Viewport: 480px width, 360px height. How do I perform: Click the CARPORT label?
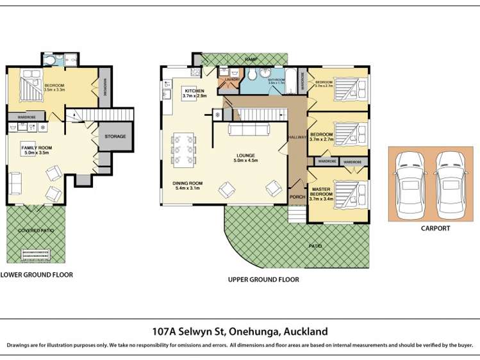[435, 228]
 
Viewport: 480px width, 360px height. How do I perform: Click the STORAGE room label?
[115, 136]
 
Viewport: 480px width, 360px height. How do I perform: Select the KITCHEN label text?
[194, 92]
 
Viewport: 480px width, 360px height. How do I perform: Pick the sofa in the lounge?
[249, 130]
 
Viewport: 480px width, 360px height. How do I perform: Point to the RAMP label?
[252, 59]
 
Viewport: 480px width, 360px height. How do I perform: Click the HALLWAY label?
[297, 138]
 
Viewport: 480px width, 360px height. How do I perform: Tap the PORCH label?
[297, 197]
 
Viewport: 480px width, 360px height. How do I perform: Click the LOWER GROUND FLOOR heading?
[37, 275]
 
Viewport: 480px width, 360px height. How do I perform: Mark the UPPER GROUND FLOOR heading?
[263, 280]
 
